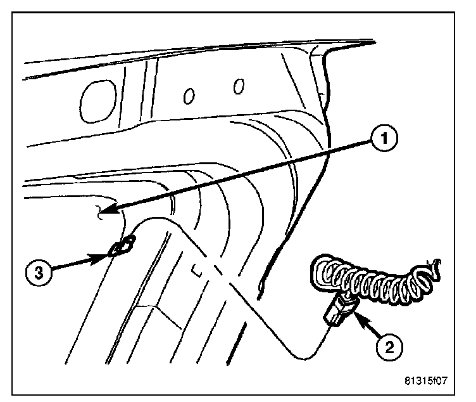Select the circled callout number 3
39,273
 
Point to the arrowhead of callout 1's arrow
108,210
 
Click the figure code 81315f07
430,382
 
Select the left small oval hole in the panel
189,95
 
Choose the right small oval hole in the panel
239,86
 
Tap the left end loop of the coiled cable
320,270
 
